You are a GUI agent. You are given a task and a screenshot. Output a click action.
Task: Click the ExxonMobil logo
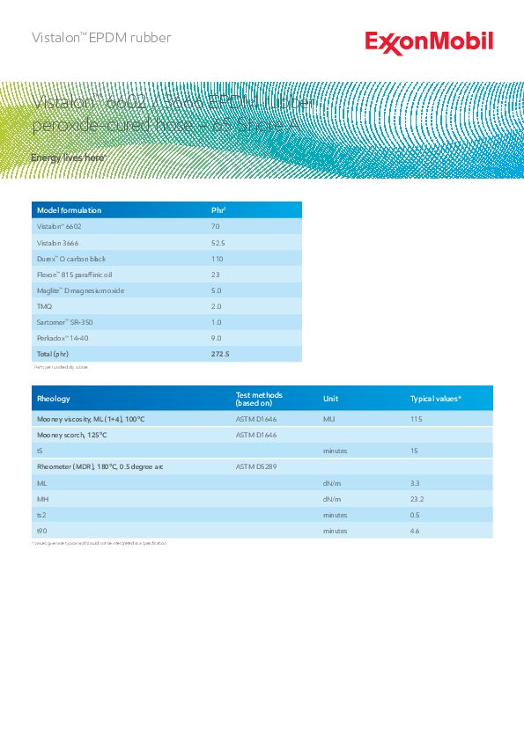(429, 42)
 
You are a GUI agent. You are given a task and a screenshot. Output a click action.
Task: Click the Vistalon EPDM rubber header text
(101, 38)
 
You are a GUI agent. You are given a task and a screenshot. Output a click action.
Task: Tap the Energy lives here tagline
(69, 158)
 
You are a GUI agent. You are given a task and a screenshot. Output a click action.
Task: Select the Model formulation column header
(69, 210)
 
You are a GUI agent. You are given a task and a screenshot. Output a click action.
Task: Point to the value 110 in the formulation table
(218, 259)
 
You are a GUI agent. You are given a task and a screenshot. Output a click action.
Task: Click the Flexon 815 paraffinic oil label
(76, 275)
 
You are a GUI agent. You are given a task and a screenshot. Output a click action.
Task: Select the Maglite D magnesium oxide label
(80, 290)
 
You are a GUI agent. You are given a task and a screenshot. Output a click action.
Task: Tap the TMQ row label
(44, 306)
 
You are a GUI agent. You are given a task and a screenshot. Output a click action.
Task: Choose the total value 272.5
(220, 354)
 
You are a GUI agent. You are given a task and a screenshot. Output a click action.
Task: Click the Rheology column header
(54, 399)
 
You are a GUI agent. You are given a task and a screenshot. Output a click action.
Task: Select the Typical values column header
(435, 399)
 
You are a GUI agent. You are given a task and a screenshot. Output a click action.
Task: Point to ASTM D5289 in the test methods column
(256, 466)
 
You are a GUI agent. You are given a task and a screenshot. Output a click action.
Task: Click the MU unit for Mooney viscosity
(329, 419)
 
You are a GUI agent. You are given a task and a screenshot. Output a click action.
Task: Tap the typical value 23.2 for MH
(417, 499)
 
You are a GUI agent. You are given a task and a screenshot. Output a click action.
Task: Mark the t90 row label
(41, 531)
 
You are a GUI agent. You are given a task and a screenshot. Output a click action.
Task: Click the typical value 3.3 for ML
(415, 483)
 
